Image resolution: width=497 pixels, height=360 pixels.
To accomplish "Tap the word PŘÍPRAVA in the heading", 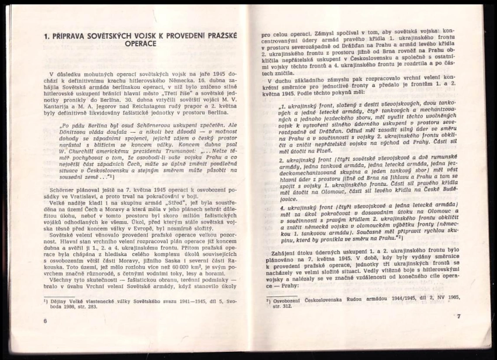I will click(x=76, y=36).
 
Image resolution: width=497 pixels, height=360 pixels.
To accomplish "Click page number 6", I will click(x=46, y=321).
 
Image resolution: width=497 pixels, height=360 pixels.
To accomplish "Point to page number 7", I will click(x=459, y=316).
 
